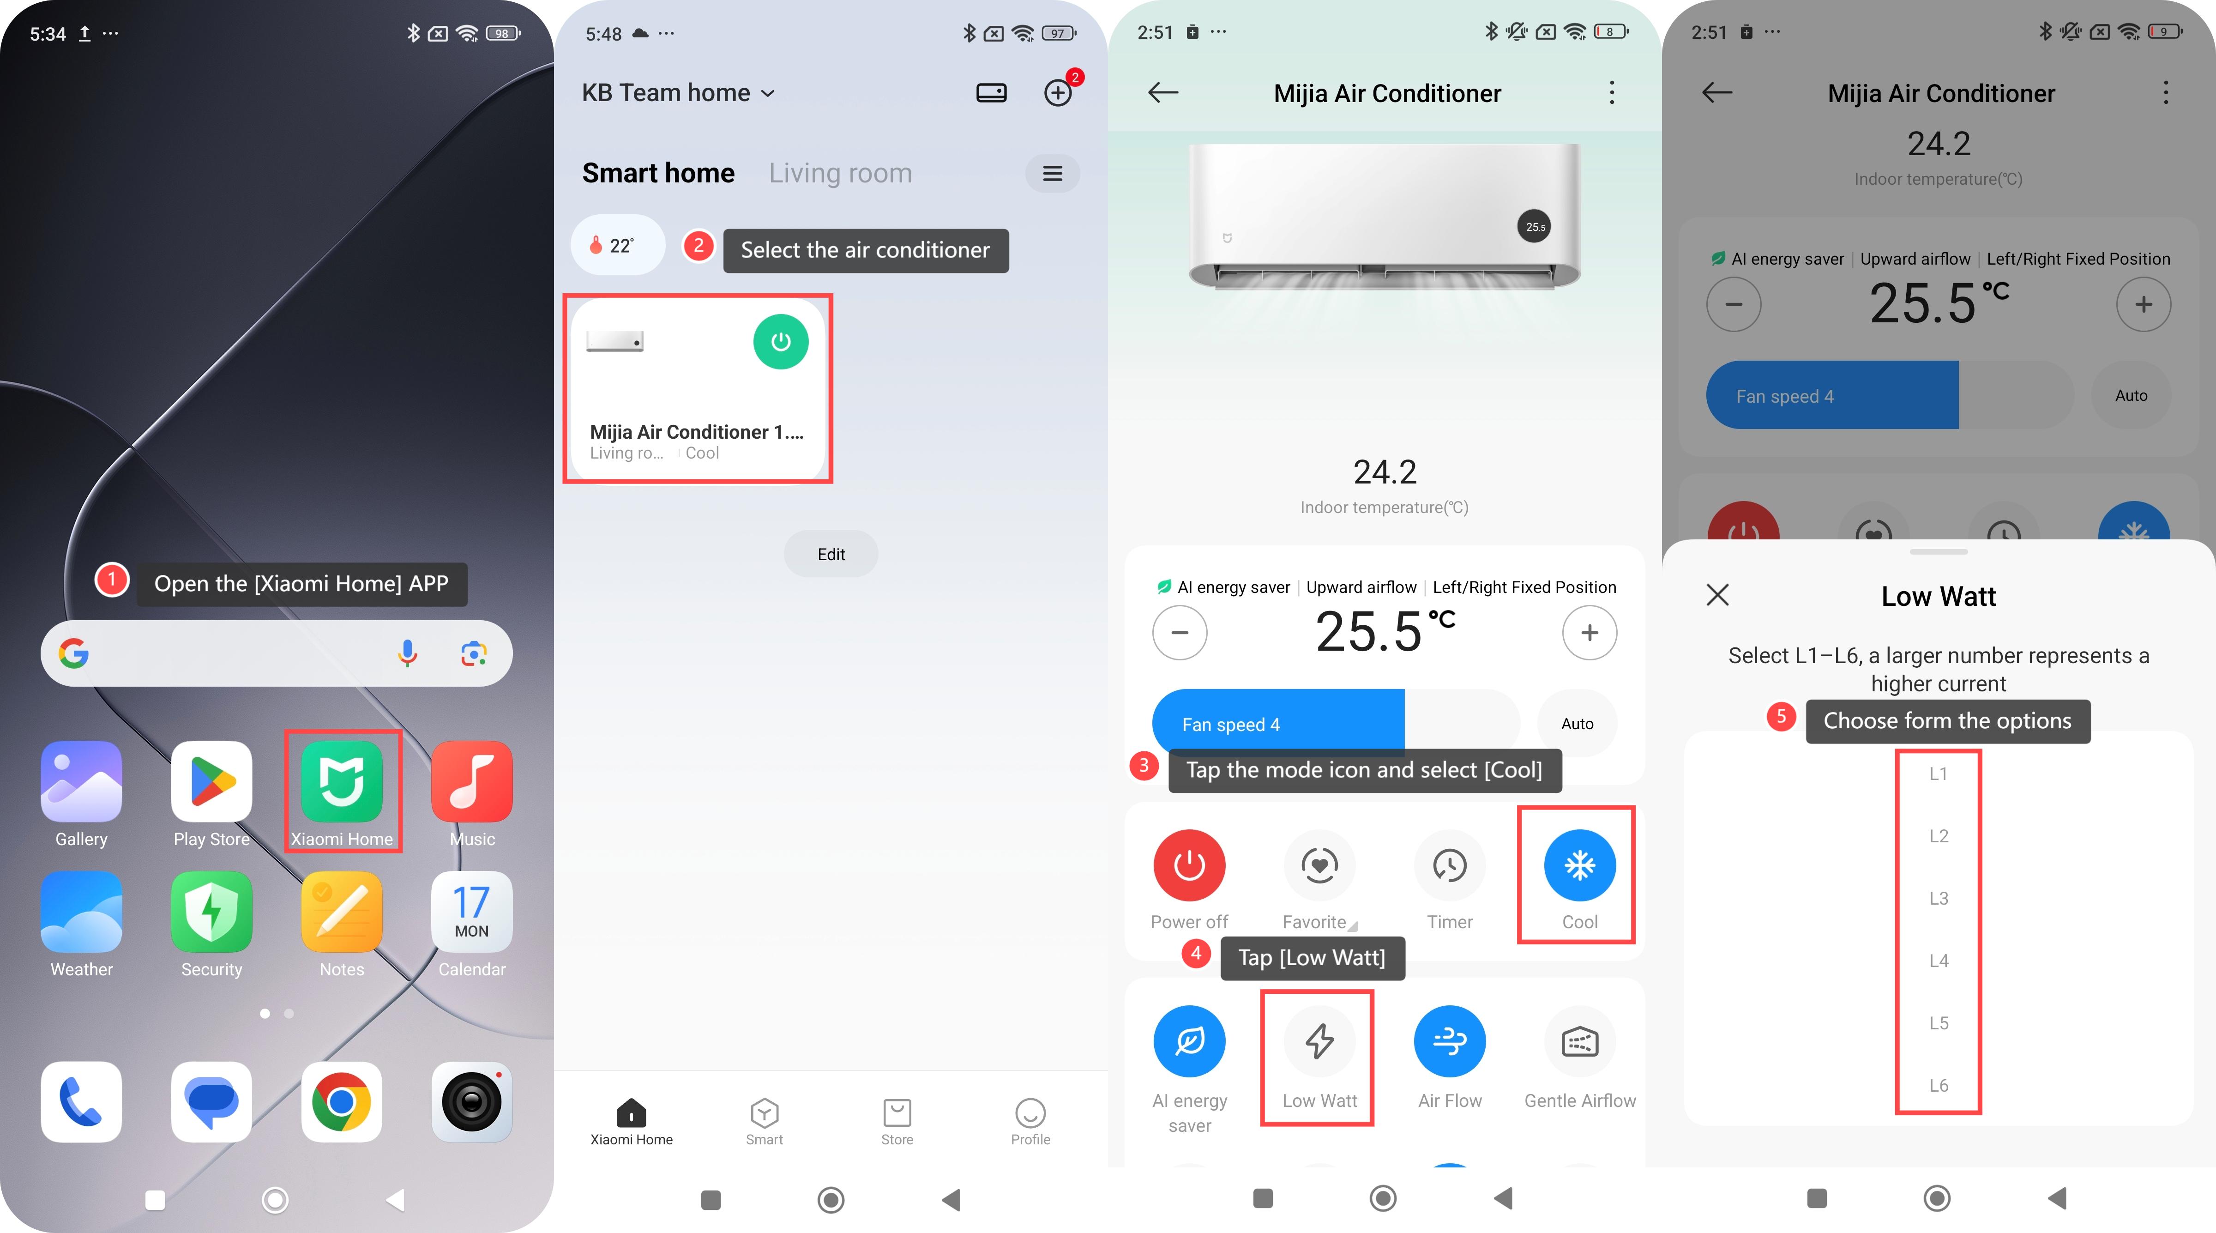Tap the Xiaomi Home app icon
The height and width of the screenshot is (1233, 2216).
point(342,781)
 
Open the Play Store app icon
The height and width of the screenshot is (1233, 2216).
point(211,781)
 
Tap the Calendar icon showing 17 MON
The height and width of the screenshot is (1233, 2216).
point(471,912)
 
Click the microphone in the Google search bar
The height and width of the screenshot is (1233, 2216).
point(408,654)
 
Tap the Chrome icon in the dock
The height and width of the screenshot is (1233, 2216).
point(342,1102)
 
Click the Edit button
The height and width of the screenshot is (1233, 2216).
point(831,554)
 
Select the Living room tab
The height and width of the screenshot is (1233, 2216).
point(840,173)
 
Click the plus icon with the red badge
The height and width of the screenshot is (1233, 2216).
point(1058,92)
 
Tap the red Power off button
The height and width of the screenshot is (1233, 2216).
point(1190,865)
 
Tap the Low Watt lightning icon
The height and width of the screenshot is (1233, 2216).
point(1319,1041)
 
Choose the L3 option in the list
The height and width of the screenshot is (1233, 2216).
point(1938,898)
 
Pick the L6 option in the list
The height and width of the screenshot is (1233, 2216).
point(1938,1086)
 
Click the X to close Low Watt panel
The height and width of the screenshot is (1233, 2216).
point(1718,594)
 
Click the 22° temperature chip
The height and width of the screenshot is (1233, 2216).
point(618,245)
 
